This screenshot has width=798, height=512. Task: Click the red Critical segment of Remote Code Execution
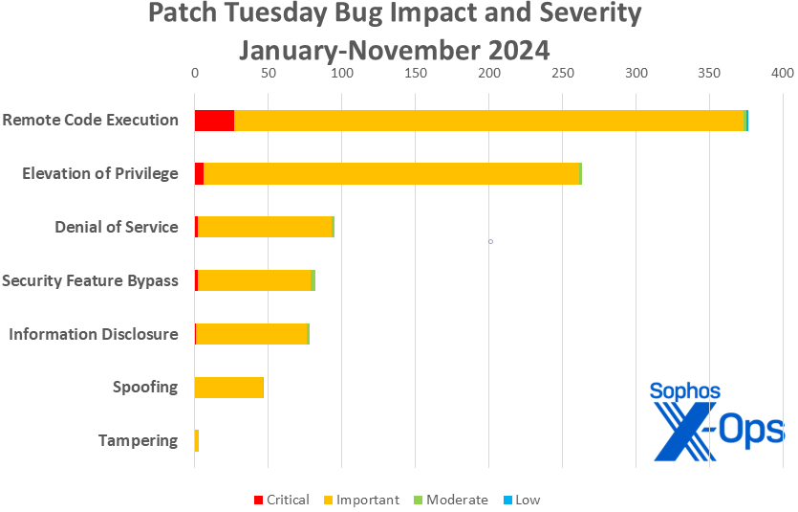(214, 121)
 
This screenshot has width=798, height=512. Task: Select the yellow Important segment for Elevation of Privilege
(392, 173)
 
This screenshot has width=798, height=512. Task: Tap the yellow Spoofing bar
(228, 388)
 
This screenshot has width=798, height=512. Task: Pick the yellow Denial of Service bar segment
(264, 227)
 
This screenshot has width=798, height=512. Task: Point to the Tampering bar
(197, 441)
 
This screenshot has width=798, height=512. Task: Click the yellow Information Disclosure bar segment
(251, 334)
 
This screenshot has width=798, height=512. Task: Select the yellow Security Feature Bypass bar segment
(254, 280)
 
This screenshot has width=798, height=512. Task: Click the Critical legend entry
(281, 500)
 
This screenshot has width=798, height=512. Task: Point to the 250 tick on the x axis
(562, 73)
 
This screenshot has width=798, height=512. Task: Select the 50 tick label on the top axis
(268, 73)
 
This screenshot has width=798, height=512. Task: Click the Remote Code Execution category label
(90, 121)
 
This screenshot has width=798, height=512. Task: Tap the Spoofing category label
(145, 388)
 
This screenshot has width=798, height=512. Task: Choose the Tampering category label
(138, 441)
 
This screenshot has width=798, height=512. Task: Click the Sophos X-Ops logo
(715, 421)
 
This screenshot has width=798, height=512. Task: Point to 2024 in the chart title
(515, 49)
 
